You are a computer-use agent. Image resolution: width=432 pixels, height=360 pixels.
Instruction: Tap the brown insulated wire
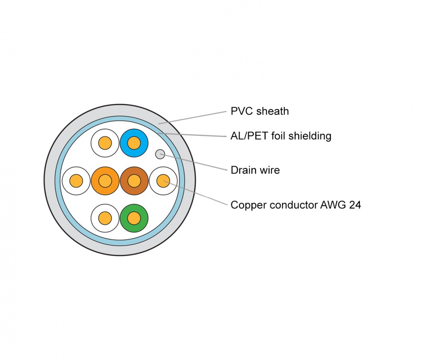tap(140, 180)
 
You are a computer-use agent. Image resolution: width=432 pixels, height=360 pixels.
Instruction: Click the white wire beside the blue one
tap(105, 143)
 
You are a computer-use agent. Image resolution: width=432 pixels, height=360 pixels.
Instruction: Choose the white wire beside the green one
tap(105, 218)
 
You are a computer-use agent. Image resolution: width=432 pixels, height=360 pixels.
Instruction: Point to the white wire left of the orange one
tap(76, 180)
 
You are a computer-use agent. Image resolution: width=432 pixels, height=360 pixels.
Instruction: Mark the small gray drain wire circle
tap(160, 153)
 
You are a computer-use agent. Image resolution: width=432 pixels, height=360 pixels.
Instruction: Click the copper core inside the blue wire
tap(134, 143)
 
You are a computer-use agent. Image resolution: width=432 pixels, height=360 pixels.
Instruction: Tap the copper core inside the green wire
tap(134, 218)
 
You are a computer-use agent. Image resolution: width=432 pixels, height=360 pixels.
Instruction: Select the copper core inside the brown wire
tap(134, 180)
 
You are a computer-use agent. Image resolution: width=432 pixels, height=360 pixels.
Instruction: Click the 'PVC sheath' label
tap(260, 111)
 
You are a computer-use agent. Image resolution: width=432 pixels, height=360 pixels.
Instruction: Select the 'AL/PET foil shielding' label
tap(281, 136)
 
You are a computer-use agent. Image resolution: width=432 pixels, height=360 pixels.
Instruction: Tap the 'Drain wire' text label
tap(255, 170)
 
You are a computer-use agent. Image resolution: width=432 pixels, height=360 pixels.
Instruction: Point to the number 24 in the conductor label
tap(355, 205)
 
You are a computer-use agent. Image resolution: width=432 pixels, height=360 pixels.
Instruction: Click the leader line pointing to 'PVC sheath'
tap(194, 117)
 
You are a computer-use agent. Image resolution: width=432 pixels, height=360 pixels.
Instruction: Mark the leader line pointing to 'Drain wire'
tap(194, 162)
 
